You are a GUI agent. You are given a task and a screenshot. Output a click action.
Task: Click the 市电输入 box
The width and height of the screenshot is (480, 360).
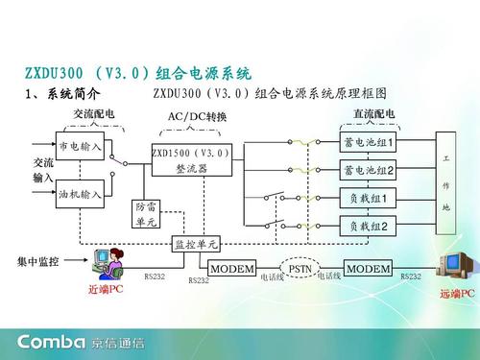81,148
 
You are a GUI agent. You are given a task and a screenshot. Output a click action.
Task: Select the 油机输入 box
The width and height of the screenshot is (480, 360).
81,194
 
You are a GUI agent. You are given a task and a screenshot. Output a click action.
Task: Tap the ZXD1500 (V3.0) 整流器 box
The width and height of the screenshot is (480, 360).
191,160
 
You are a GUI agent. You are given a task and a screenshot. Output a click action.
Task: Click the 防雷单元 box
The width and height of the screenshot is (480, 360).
146,214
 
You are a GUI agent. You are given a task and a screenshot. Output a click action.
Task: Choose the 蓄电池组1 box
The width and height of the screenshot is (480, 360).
369,144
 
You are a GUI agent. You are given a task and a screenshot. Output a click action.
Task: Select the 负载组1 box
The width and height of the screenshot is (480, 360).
369,199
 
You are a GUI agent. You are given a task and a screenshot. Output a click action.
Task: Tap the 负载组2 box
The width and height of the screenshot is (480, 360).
369,226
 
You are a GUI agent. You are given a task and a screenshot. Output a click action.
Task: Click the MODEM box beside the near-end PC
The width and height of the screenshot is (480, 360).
231,268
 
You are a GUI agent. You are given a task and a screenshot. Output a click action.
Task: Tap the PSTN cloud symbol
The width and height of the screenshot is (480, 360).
300,268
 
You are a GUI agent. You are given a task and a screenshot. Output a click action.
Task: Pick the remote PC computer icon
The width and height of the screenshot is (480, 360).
456,264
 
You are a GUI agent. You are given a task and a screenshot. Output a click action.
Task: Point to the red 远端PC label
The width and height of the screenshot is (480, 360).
457,293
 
